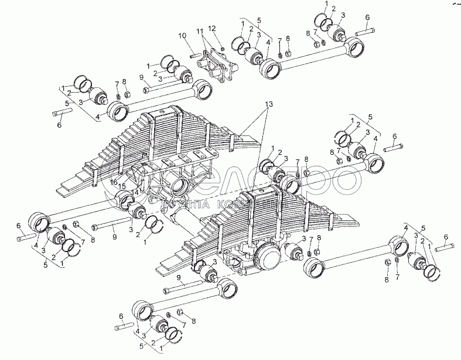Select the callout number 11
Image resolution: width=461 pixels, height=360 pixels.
tap(200, 30)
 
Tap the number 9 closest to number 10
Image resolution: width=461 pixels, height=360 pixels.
tap(142, 77)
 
